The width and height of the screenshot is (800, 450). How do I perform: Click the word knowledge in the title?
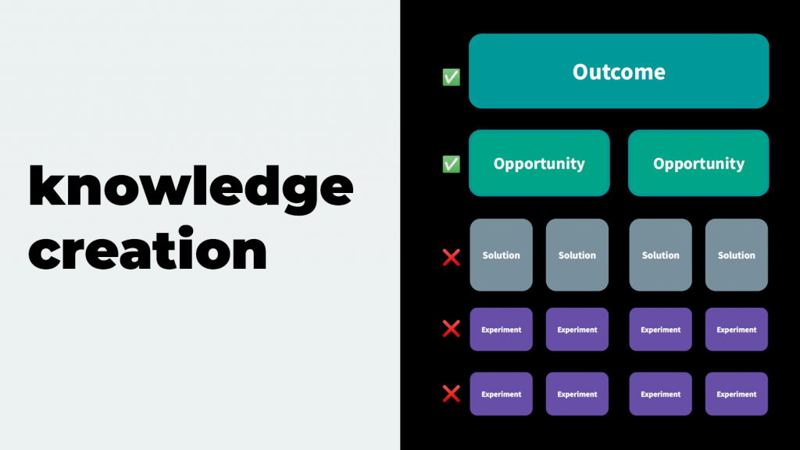[x=191, y=189]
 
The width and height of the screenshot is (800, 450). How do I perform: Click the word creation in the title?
[x=148, y=249]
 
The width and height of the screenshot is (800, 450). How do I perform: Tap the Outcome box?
[x=619, y=71]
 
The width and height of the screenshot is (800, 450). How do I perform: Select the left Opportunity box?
[x=539, y=163]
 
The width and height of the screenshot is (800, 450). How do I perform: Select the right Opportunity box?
[x=698, y=163]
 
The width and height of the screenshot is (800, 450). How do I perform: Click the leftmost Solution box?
[x=501, y=255]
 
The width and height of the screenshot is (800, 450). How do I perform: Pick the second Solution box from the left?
[x=577, y=255]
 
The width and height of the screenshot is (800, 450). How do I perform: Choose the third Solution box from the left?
[x=661, y=255]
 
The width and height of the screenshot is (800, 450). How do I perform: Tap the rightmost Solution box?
[x=737, y=255]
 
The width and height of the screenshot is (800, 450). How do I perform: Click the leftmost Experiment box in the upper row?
[x=501, y=330]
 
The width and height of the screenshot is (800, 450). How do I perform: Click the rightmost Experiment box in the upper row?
[x=737, y=330]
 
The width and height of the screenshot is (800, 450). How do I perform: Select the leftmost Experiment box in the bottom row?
[x=501, y=394]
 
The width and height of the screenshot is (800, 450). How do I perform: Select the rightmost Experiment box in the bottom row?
[x=737, y=394]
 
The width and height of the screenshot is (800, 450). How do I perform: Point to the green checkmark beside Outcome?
[x=451, y=77]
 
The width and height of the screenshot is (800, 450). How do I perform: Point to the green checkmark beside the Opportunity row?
[x=451, y=164]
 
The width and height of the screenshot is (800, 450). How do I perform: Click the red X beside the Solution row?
[x=451, y=258]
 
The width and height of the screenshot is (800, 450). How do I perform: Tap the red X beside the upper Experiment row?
[x=451, y=329]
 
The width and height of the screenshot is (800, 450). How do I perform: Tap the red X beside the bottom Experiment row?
[x=451, y=394]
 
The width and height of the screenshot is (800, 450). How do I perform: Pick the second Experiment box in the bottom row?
[x=577, y=394]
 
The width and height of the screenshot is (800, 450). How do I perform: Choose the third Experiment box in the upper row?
[x=661, y=330]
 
